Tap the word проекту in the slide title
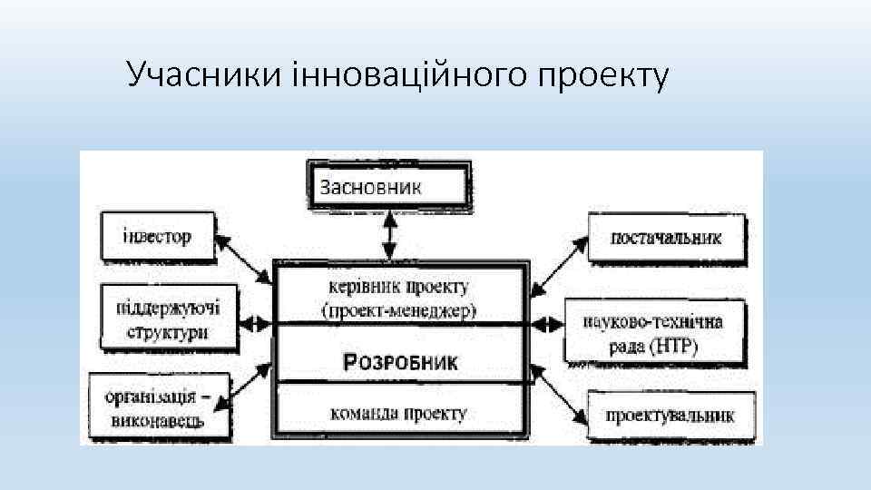603,77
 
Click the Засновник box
388,188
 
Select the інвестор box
158,237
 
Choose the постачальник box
667,239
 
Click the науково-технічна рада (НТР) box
661,334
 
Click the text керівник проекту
399,287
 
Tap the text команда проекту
399,414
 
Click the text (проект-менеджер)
399,310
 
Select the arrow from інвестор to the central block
245,263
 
